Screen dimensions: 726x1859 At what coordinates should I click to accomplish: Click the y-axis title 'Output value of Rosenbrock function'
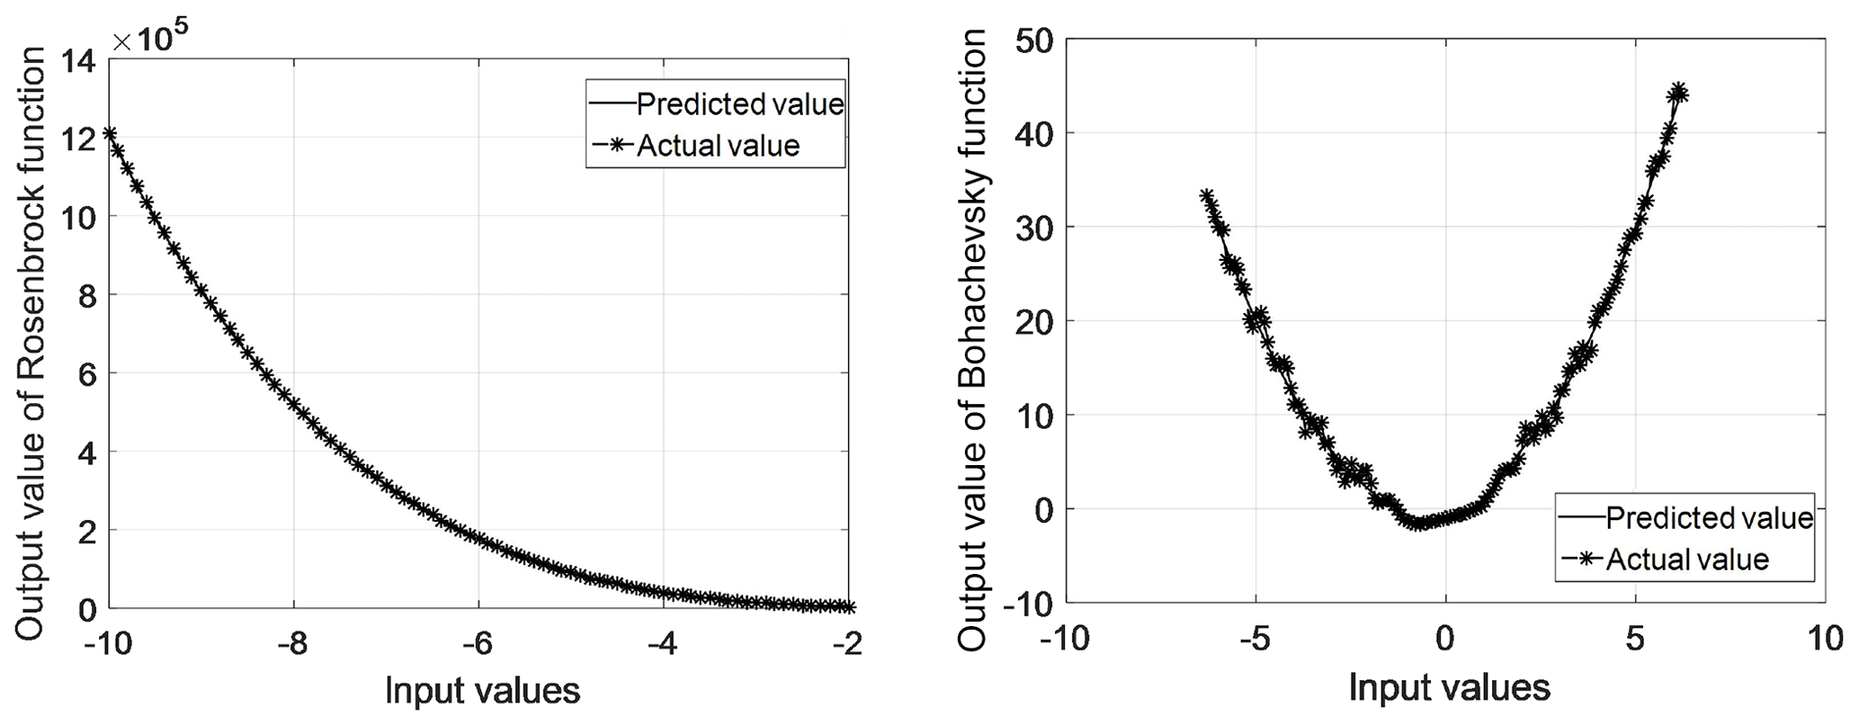pos(32,344)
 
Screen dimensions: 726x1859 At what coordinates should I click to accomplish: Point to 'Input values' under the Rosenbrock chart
pos(483,691)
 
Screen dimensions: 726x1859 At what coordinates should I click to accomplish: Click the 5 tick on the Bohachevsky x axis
pos(1635,639)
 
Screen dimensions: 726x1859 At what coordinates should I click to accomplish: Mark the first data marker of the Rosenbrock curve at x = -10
pos(109,134)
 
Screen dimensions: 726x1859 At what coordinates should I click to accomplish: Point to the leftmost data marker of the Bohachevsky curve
pos(1208,197)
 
